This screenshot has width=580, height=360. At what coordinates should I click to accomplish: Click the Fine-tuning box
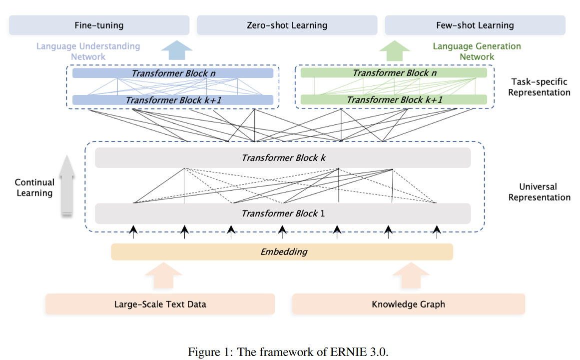99,25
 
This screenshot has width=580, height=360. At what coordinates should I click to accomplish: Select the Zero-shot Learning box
287,25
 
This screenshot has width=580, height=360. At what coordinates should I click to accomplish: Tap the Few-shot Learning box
475,25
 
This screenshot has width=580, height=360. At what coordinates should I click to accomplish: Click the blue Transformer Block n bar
173,73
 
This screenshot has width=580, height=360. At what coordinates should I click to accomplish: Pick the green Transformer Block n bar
393,73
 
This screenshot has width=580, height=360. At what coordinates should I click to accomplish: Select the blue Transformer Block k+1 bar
173,100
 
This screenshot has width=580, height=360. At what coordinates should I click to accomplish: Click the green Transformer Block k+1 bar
393,100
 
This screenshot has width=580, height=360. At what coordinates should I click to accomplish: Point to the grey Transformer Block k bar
283,158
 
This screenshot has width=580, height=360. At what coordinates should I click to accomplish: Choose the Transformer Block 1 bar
283,213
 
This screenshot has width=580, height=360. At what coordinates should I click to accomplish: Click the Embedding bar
282,251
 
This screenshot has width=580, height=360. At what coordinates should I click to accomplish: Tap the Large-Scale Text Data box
160,304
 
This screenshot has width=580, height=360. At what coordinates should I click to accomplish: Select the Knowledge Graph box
408,304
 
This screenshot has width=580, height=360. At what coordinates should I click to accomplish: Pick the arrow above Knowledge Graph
411,275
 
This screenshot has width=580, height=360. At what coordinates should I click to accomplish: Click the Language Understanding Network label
88,51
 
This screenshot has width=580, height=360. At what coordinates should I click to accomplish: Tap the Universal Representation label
540,192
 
